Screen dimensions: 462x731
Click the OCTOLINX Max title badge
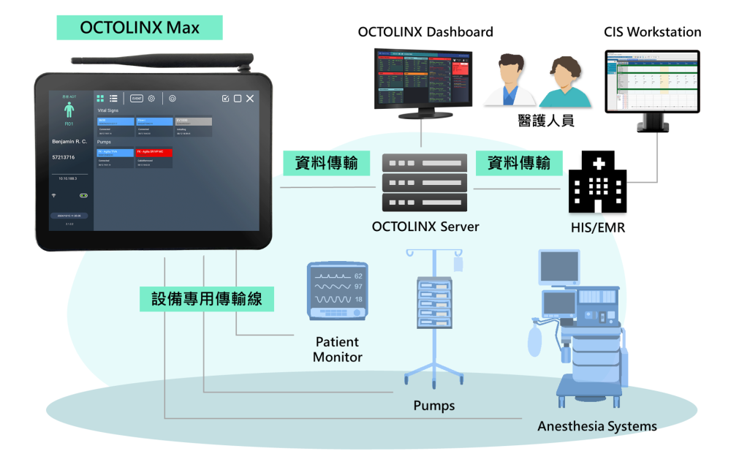click(139, 28)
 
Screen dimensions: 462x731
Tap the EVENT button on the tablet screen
click(136, 98)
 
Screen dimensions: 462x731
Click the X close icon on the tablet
click(250, 98)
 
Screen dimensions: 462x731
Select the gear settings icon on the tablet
click(151, 98)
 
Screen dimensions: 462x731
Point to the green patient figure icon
click(69, 110)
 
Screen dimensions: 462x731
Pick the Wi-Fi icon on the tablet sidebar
click(53, 196)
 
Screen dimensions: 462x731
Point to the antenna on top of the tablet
click(161, 61)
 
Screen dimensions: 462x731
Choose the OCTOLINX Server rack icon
click(424, 182)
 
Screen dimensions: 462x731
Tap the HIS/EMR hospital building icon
click(596, 183)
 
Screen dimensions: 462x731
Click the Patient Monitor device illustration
click(337, 290)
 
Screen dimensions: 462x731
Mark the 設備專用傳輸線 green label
click(207, 299)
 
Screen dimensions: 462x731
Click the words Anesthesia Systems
click(596, 426)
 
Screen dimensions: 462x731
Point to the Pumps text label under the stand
click(433, 406)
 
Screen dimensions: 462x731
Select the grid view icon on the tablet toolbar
click(100, 98)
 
